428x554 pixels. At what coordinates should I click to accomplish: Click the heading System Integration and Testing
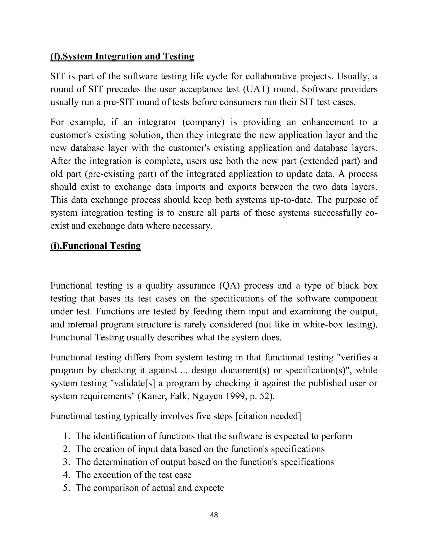pyautogui.click(x=122, y=56)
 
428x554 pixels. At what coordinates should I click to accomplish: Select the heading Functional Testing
pyautogui.click(x=95, y=246)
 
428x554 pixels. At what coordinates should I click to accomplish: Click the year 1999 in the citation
pyautogui.click(x=236, y=396)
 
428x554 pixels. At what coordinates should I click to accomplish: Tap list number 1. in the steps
pyautogui.click(x=67, y=436)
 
